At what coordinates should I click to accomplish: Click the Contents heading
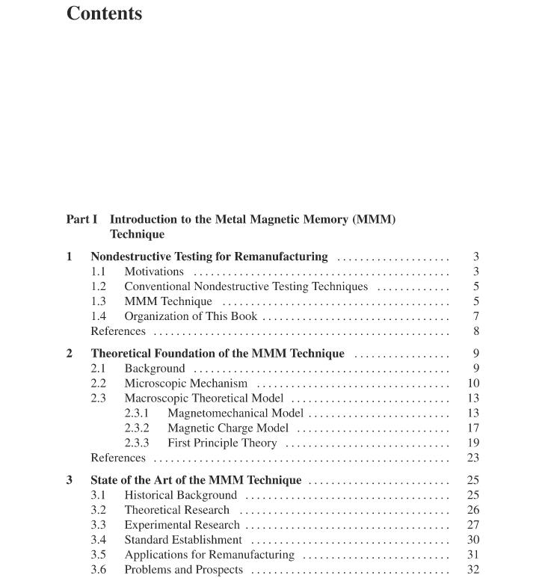[x=104, y=13]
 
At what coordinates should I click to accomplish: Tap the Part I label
[x=81, y=219]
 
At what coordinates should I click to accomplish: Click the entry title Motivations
[x=153, y=271]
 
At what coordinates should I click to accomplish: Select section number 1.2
[x=99, y=286]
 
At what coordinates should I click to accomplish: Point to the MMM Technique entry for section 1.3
[x=167, y=301]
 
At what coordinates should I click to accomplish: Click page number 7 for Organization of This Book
[x=475, y=316]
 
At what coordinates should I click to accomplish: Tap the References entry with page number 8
[x=118, y=331]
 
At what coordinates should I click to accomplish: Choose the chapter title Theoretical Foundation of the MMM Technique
[x=218, y=353]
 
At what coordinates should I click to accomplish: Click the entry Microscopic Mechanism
[x=185, y=383]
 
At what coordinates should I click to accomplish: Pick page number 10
[x=473, y=383]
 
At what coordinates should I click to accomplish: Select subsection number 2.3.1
[x=137, y=413]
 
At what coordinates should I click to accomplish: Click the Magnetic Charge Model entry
[x=227, y=428]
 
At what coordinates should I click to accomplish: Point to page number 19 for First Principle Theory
[x=473, y=443]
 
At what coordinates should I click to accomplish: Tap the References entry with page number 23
[x=118, y=458]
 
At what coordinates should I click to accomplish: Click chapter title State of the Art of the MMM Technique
[x=196, y=480]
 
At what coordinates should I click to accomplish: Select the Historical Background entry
[x=180, y=495]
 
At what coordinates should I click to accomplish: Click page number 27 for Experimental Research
[x=473, y=525]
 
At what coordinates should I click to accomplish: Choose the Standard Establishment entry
[x=183, y=540]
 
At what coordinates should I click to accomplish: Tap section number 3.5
[x=99, y=555]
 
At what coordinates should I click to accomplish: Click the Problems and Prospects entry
[x=183, y=570]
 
